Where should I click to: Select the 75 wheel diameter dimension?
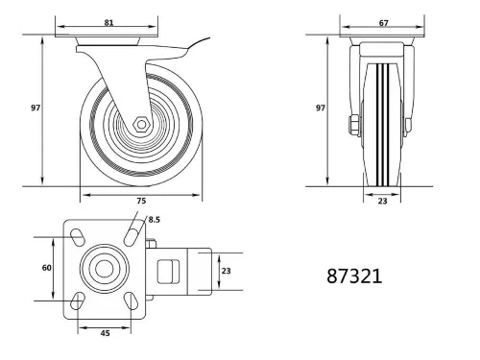pyautogui.click(x=142, y=202)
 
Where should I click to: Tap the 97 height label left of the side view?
pyautogui.click(x=35, y=108)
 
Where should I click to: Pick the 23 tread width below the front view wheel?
pyautogui.click(x=382, y=202)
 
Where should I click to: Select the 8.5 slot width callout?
pyautogui.click(x=154, y=221)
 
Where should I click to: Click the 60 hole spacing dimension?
pyautogui.click(x=46, y=268)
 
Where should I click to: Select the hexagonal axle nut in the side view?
pyautogui.click(x=140, y=124)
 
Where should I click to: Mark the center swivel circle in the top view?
pyautogui.click(x=103, y=270)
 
